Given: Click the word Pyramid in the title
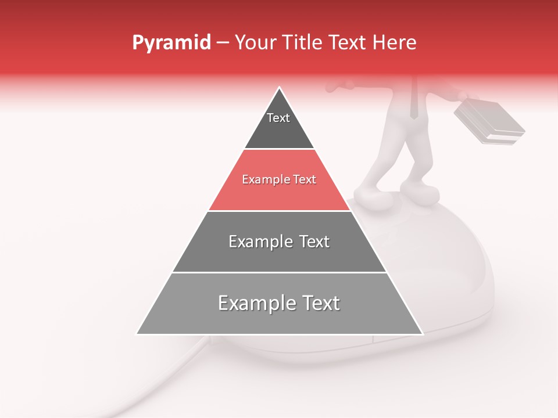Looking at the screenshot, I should point(171,43).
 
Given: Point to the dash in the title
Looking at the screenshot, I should point(222,43).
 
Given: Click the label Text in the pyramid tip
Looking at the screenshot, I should point(278,118).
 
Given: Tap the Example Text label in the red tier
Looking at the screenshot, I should point(279,179).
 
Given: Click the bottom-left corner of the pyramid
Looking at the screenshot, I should point(137,333).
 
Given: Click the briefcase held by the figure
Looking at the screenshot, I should point(488,122).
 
